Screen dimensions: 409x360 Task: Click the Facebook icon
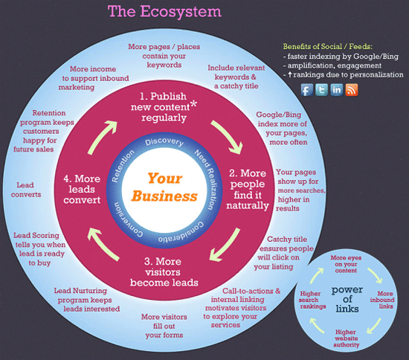click(x=307, y=90)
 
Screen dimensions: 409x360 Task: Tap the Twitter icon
click(x=321, y=90)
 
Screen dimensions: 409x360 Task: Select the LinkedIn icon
click(x=336, y=90)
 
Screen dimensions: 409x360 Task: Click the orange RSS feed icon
click(x=352, y=90)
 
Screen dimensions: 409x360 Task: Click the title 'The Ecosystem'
click(x=164, y=12)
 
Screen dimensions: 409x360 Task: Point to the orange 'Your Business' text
click(x=164, y=187)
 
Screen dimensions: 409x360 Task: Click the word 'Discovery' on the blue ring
click(x=164, y=141)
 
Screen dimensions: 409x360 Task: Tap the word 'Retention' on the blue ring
click(x=123, y=166)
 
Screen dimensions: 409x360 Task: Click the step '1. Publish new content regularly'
click(x=164, y=107)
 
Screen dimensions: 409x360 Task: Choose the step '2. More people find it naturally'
click(x=248, y=190)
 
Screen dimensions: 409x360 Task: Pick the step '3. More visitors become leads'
click(x=164, y=271)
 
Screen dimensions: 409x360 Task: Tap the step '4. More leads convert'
click(x=82, y=190)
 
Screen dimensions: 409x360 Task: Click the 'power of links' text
click(x=347, y=299)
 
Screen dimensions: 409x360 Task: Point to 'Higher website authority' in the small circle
click(x=346, y=338)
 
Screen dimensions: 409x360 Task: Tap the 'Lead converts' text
click(x=26, y=190)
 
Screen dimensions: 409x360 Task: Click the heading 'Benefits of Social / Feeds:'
click(x=328, y=47)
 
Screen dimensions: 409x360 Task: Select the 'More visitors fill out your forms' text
click(x=164, y=326)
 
